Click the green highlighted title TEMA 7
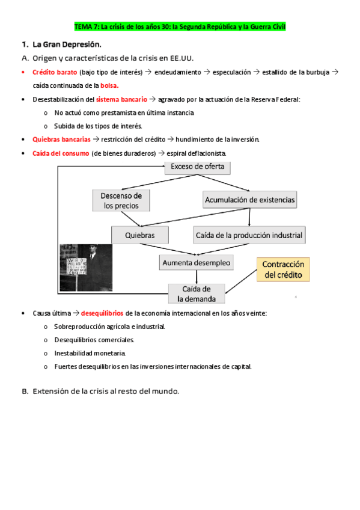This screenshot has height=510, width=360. click(180, 27)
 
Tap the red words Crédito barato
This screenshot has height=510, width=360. click(55, 72)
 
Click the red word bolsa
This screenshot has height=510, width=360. click(109, 85)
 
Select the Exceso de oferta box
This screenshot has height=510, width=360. click(198, 167)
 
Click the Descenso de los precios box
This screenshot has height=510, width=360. click(121, 201)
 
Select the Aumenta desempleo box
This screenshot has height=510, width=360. click(197, 263)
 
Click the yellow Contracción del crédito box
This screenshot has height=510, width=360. click(284, 270)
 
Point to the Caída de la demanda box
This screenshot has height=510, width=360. click(197, 293)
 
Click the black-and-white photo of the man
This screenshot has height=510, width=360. click(85, 268)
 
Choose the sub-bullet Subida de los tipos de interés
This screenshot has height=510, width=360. click(97, 126)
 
